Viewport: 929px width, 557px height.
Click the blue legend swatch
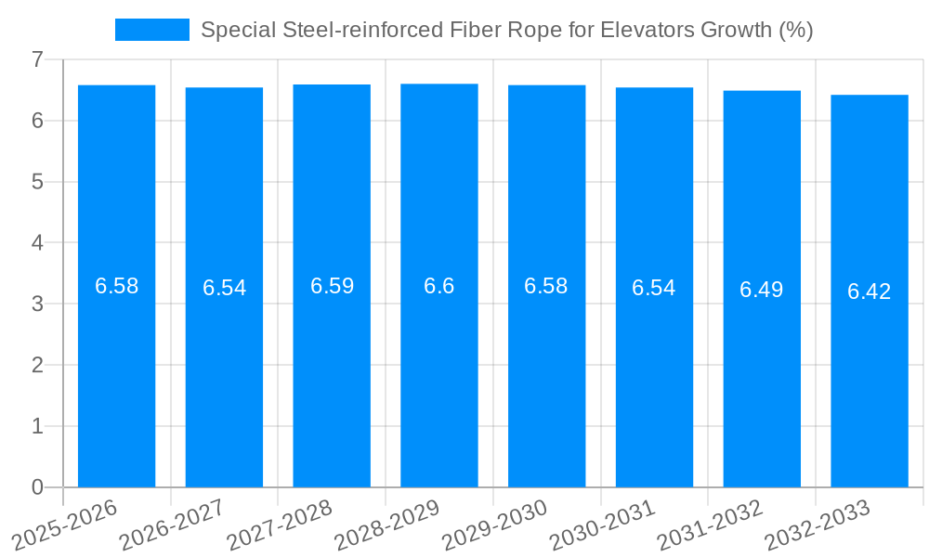tap(151, 30)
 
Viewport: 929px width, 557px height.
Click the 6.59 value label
tap(332, 286)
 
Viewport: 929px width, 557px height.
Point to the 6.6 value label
tap(439, 286)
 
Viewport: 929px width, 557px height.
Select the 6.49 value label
tap(761, 290)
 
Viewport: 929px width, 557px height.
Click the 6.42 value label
tap(869, 291)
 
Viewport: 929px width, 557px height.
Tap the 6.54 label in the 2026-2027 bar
tap(224, 288)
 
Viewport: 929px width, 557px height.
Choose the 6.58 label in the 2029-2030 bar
tap(546, 286)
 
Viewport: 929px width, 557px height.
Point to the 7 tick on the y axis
tap(37, 59)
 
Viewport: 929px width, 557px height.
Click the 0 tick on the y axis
tap(37, 487)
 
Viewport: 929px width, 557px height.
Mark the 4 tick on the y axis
tap(37, 243)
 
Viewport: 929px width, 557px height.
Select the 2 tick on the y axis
tap(37, 366)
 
